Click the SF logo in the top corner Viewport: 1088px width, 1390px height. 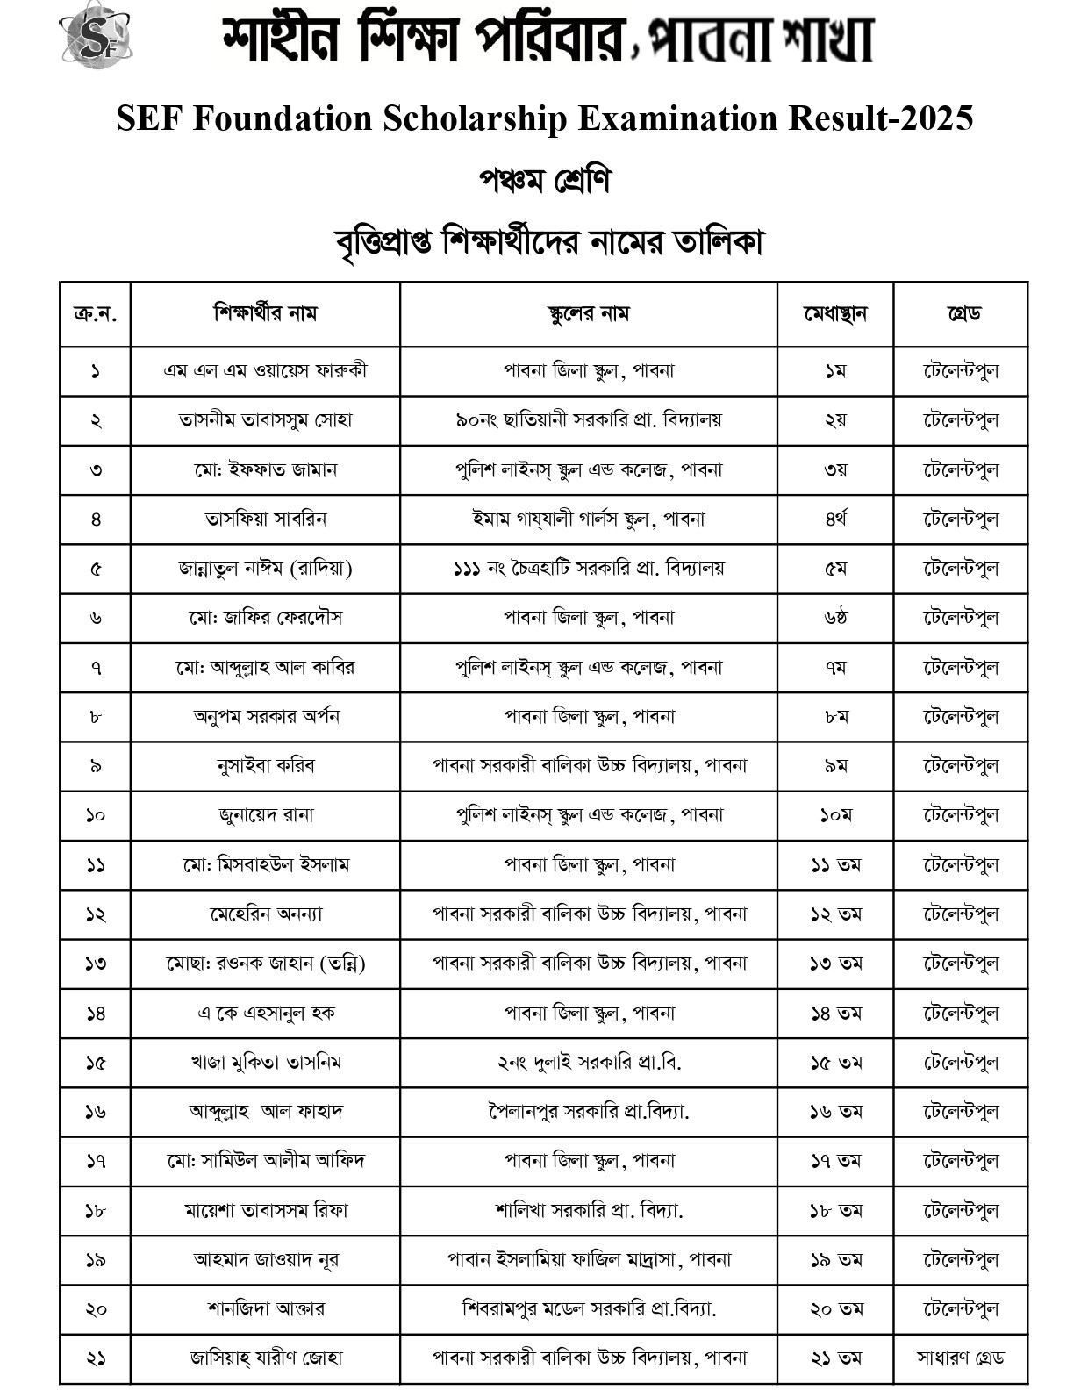tap(95, 36)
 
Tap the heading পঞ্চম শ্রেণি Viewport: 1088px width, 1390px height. tap(544, 181)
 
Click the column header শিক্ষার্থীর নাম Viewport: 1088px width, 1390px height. tap(265, 313)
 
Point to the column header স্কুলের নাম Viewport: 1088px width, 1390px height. tap(588, 313)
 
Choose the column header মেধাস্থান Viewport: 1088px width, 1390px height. tap(835, 313)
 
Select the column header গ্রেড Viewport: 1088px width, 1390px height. tap(961, 313)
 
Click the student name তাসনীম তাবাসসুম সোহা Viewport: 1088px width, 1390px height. tap(265, 420)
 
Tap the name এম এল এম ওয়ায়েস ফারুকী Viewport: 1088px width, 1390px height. tap(265, 370)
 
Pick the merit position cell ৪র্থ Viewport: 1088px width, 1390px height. tap(835, 519)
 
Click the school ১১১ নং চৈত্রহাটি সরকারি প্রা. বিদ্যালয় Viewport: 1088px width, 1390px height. tap(588, 569)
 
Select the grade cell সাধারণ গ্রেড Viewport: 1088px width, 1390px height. tap(961, 1358)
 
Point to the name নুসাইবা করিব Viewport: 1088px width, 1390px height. tap(265, 766)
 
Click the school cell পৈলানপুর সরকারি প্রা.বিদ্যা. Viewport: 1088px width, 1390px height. tap(588, 1112)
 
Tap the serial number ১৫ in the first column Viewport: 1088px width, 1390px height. tap(96, 1063)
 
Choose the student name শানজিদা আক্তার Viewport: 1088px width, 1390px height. tap(265, 1308)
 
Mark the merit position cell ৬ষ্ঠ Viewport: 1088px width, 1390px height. tap(835, 618)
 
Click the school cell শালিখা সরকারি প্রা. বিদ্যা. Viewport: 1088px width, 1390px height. tap(588, 1210)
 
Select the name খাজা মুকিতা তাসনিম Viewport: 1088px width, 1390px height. tap(265, 1063)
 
